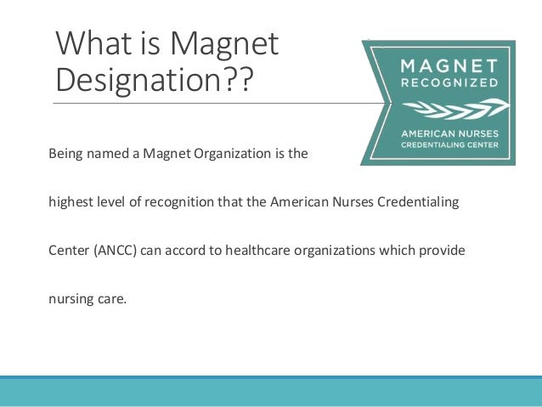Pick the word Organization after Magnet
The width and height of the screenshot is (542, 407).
pos(226,155)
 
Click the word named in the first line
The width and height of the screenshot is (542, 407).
pos(104,155)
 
